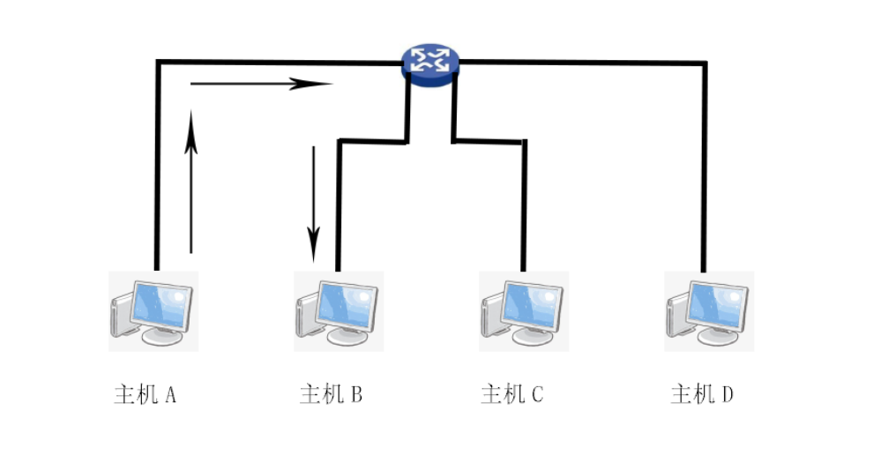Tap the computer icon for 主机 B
pos(339,311)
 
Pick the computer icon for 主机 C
pos(524,311)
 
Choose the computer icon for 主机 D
pos(709,311)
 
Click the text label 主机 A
pos(146,394)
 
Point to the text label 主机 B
pos(331,394)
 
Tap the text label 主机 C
pos(512,394)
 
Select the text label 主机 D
pos(702,394)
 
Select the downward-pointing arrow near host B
pos(313,203)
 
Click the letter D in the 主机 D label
pos(727,394)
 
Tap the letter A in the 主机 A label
pos(170,394)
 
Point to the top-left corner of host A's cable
pos(158,62)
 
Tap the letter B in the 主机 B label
pos(355,394)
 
